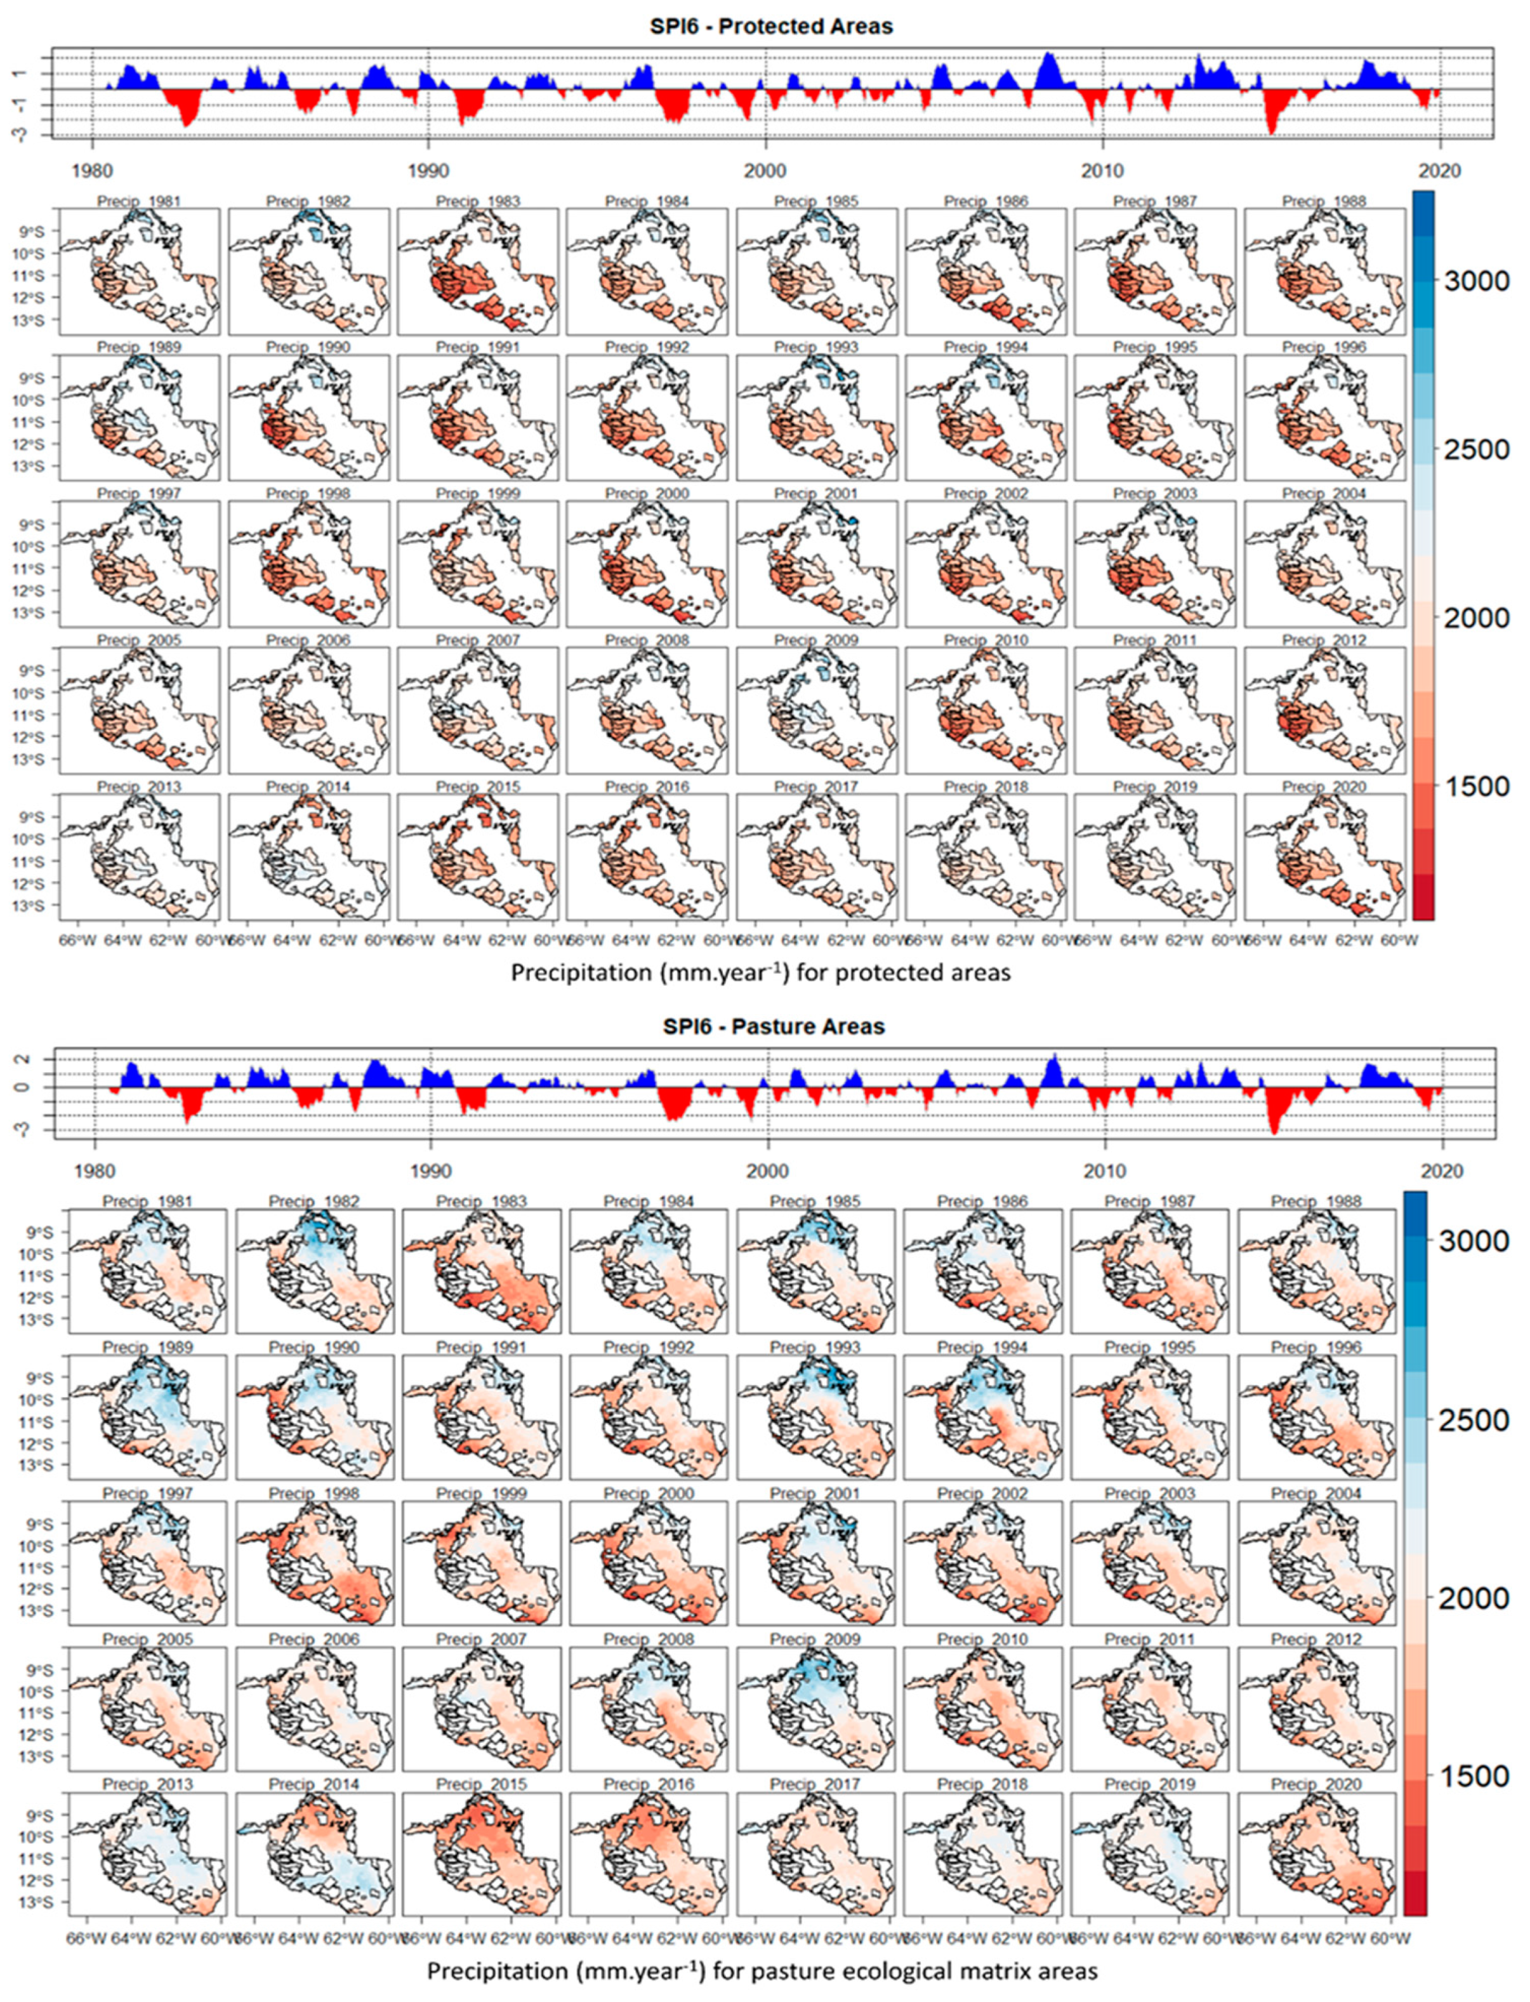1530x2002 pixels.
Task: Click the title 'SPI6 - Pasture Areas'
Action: pyautogui.click(x=773, y=1026)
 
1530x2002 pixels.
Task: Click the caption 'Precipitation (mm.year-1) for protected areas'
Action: pyautogui.click(x=760, y=973)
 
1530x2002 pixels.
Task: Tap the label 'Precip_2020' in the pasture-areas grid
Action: pyautogui.click(x=1315, y=1784)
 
